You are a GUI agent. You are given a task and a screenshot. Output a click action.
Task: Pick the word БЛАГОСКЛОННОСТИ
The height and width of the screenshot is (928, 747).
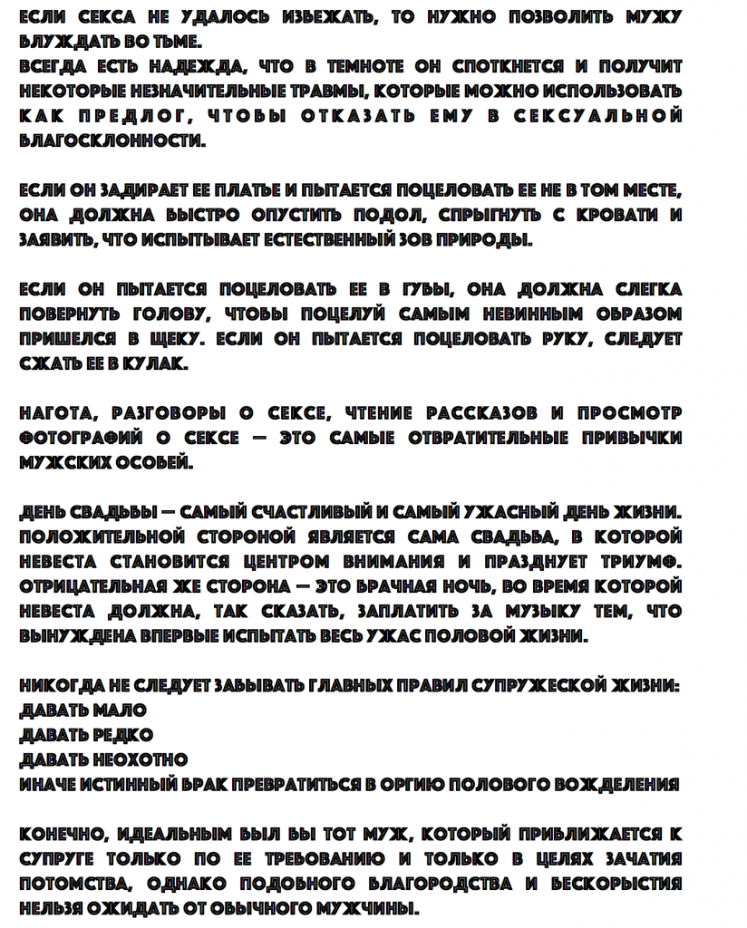click(112, 141)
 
